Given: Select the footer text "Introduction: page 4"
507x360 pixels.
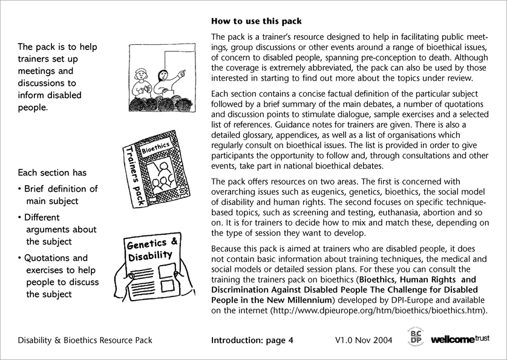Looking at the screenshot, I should pyautogui.click(x=252, y=340).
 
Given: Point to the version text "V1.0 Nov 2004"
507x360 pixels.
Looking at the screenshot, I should pyautogui.click(x=362, y=340).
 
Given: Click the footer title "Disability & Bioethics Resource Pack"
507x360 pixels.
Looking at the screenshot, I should pyautogui.click(x=85, y=340).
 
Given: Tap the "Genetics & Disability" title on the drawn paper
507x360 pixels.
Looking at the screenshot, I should pyautogui.click(x=152, y=249).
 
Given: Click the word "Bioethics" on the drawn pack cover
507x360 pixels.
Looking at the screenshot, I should pyautogui.click(x=155, y=145).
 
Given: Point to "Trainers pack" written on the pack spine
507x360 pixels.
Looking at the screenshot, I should pyautogui.click(x=134, y=174).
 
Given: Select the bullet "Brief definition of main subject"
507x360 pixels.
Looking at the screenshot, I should pyautogui.click(x=58, y=195).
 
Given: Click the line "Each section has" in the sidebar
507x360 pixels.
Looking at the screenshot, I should pyautogui.click(x=47, y=172).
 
